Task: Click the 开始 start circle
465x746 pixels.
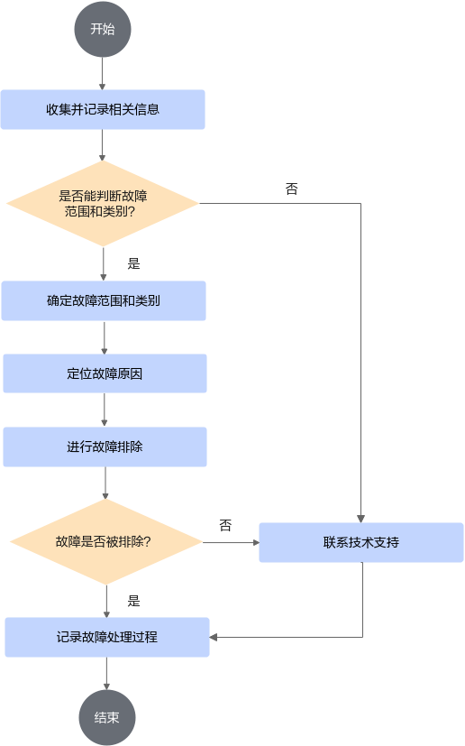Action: pyautogui.click(x=102, y=29)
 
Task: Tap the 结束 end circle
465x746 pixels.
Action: pyautogui.click(x=107, y=717)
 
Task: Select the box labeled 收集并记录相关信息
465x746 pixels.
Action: pyautogui.click(x=103, y=109)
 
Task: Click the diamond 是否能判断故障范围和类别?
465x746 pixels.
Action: pyautogui.click(x=103, y=204)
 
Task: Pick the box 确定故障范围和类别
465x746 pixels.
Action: pyautogui.click(x=104, y=300)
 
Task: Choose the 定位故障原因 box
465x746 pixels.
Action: pyautogui.click(x=105, y=373)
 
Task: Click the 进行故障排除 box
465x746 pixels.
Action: pyautogui.click(x=105, y=447)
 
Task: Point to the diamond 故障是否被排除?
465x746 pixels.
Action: pyautogui.click(x=106, y=542)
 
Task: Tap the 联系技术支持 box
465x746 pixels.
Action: pyautogui.click(x=361, y=542)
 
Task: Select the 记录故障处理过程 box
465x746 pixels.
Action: pyautogui.click(x=107, y=637)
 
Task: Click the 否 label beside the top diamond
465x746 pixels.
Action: pyautogui.click(x=291, y=189)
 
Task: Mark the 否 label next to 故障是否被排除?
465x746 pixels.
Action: pyautogui.click(x=225, y=525)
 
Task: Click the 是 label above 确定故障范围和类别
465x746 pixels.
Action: pyautogui.click(x=133, y=263)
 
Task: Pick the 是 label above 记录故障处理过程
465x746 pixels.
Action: pyautogui.click(x=133, y=601)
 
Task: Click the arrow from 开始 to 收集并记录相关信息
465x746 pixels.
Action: pyautogui.click(x=102, y=74)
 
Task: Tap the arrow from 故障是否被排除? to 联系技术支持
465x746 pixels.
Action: pyautogui.click(x=231, y=542)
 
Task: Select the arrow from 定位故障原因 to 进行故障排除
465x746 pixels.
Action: pyautogui.click(x=105, y=410)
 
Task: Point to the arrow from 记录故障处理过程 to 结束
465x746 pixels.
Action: pyautogui.click(x=106, y=673)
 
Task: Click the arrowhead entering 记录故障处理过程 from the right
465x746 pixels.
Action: pyautogui.click(x=214, y=637)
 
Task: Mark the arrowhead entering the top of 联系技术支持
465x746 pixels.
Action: pyautogui.click(x=360, y=519)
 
